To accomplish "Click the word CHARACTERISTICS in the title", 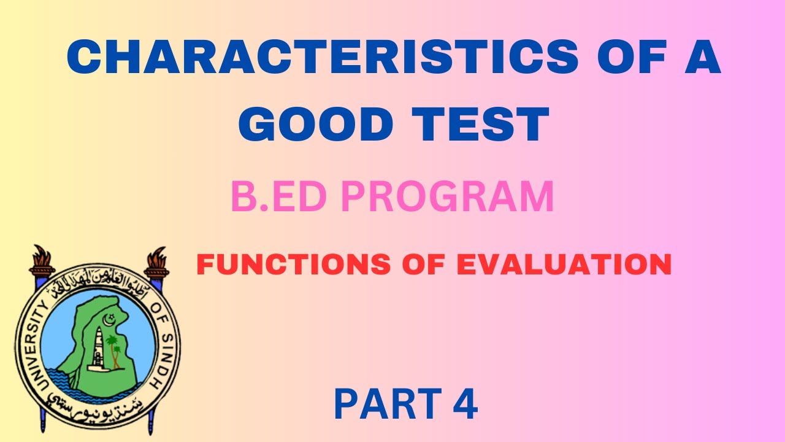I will pos(322,58).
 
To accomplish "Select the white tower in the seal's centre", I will pos(98,350).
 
